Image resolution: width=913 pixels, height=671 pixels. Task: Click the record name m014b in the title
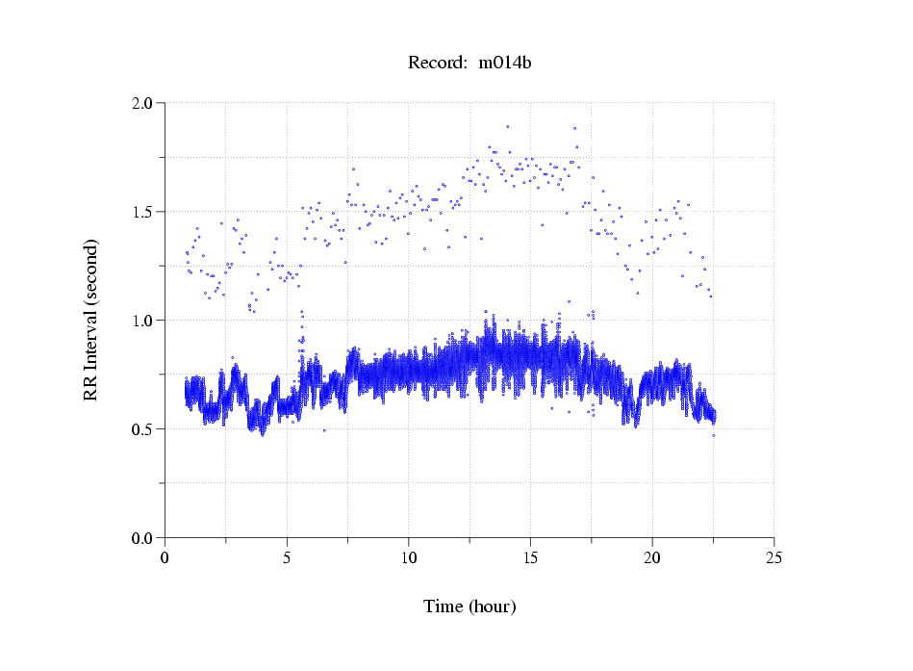coord(505,63)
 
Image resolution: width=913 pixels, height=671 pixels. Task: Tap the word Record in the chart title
coord(434,63)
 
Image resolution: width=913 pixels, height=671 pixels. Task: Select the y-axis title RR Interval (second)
coord(90,320)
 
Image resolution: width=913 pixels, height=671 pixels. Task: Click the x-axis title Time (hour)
coord(469,606)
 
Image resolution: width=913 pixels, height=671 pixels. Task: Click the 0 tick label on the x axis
coord(165,556)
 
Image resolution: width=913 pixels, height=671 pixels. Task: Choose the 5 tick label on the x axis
coord(287,556)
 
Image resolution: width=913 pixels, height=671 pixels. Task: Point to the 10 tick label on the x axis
coord(409,556)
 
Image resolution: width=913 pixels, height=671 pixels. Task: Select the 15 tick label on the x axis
coord(530,556)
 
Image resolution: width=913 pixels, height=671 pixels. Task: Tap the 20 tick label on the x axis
coord(652,556)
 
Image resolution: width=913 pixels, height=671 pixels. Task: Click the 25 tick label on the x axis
coord(774,556)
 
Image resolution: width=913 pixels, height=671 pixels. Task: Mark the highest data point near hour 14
coord(507,126)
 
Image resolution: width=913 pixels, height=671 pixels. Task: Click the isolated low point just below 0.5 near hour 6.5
coord(324,430)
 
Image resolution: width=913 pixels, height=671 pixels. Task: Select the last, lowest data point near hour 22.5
coord(713,436)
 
